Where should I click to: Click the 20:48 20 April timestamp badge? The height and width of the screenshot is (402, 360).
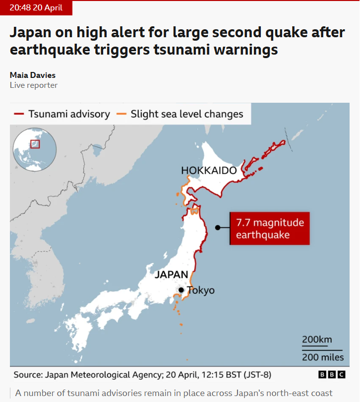pyautogui.click(x=36, y=8)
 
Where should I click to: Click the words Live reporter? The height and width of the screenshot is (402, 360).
pyautogui.click(x=34, y=85)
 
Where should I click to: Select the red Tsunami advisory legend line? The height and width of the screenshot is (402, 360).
pyautogui.click(x=19, y=114)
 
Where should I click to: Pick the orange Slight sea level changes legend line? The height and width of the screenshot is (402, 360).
pyautogui.click(x=121, y=114)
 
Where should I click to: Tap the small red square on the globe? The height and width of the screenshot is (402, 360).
pyautogui.click(x=35, y=144)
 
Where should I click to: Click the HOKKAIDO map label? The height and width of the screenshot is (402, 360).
pyautogui.click(x=208, y=171)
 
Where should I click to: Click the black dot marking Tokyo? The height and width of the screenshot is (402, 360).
pyautogui.click(x=181, y=290)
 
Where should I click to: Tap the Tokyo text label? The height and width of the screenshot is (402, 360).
pyautogui.click(x=201, y=290)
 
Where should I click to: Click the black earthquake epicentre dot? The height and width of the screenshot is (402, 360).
pyautogui.click(x=217, y=228)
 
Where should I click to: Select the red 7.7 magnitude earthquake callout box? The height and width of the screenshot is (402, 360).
pyautogui.click(x=270, y=229)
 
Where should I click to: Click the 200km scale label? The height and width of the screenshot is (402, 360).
pyautogui.click(x=317, y=339)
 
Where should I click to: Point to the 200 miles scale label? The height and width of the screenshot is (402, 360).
pyautogui.click(x=323, y=357)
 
